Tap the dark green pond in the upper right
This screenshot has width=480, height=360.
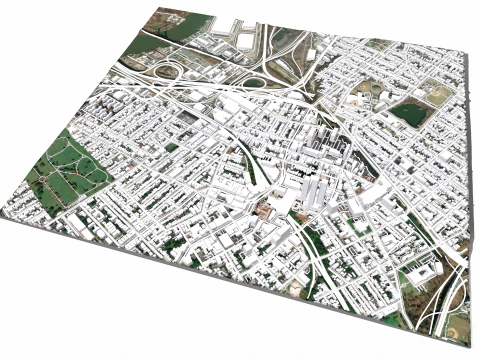[409, 112]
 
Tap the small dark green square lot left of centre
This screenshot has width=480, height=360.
[172, 148]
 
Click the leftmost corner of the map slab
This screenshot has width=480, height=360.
[3, 218]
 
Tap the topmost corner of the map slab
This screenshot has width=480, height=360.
[160, 8]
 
